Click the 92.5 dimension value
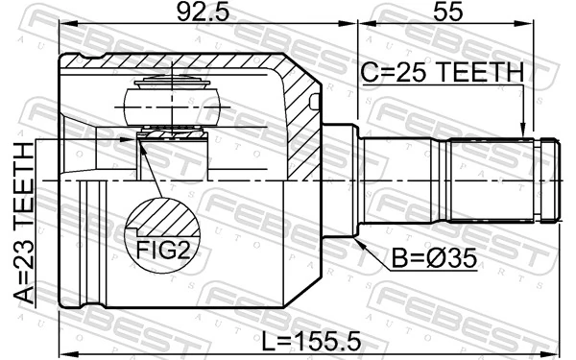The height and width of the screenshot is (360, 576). (203, 12)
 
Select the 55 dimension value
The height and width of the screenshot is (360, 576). (447, 12)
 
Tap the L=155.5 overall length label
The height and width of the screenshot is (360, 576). (311, 342)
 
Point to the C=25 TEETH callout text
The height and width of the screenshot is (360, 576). (443, 72)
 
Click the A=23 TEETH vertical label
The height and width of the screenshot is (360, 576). (24, 224)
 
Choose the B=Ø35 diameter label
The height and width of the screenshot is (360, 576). (434, 258)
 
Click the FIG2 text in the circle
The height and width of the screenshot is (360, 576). (163, 251)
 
